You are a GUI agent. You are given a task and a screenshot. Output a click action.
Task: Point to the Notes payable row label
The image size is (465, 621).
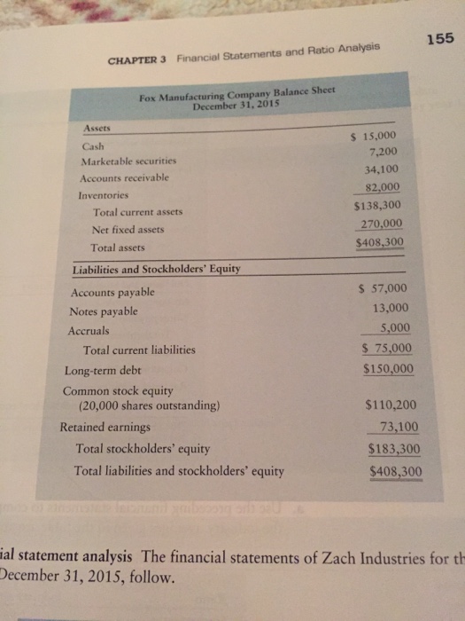point(104,311)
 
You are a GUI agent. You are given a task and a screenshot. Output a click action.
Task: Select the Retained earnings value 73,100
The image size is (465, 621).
point(398,427)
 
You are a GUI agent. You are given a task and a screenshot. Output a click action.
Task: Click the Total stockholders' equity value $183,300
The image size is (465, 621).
point(393,448)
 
